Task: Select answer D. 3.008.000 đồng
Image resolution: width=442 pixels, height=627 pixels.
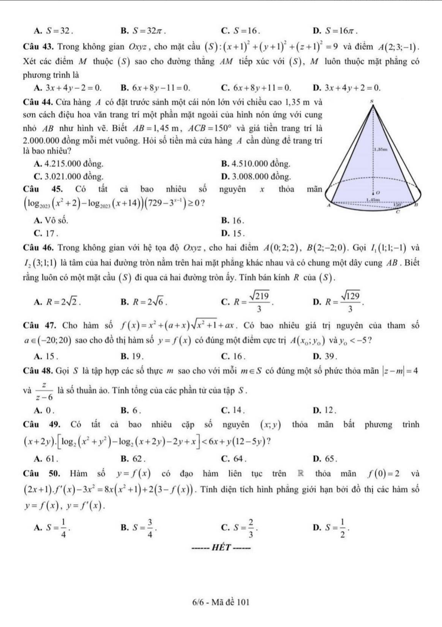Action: pyautogui.click(x=256, y=177)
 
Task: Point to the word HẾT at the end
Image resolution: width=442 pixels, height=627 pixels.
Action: pyautogui.click(x=221, y=548)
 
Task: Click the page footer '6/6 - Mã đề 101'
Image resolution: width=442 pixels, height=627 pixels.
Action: pyautogui.click(x=221, y=602)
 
